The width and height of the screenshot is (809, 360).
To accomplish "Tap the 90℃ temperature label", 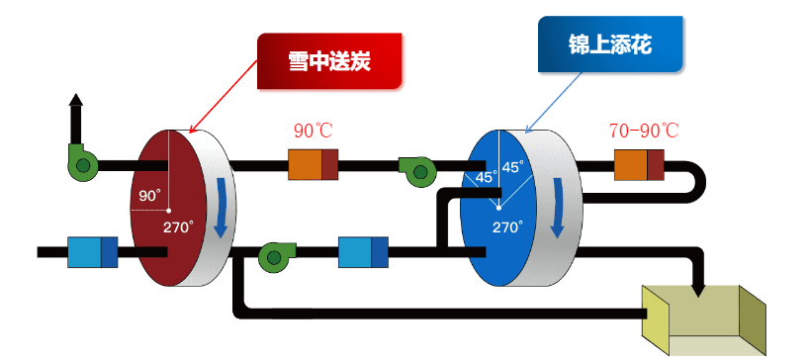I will pos(314,132).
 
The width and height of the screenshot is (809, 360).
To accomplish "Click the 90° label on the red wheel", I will pos(149,196).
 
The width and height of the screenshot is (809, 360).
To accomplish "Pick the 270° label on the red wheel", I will pos(178,226).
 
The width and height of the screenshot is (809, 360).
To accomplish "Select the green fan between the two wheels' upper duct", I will pos(417,169).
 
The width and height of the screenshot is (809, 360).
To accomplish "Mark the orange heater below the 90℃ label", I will pos(313,164).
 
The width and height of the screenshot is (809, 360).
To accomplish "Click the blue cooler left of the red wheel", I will pos(92,252).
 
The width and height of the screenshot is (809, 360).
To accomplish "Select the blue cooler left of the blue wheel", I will pos(363,251).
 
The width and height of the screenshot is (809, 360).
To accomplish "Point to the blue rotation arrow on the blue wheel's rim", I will pos(559,208).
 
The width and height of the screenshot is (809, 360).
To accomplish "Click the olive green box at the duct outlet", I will pos(704,318).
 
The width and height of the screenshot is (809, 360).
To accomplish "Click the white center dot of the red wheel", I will pos(169,211).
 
